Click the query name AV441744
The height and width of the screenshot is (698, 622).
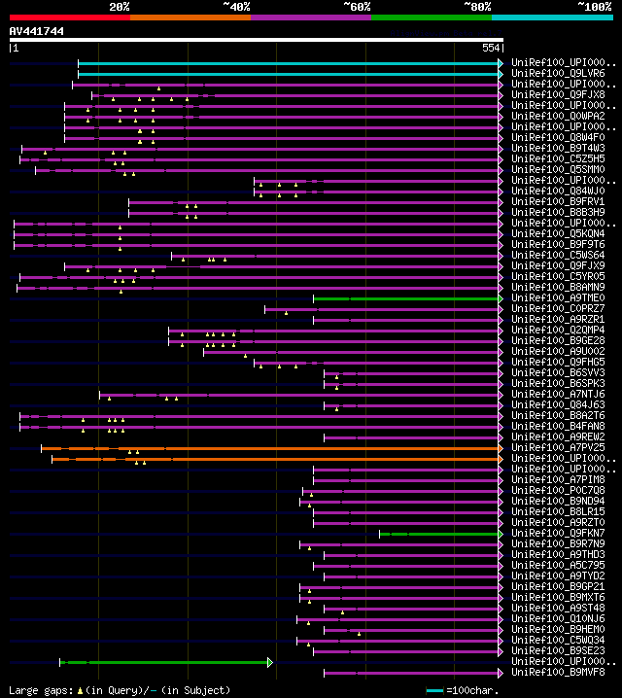point(37,32)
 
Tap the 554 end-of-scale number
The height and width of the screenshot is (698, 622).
point(491,48)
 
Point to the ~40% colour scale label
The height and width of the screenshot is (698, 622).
point(236,7)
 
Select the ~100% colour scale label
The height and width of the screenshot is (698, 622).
point(593,7)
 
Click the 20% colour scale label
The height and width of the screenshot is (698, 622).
point(120,7)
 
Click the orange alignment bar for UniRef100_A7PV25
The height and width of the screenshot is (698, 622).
point(272,448)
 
